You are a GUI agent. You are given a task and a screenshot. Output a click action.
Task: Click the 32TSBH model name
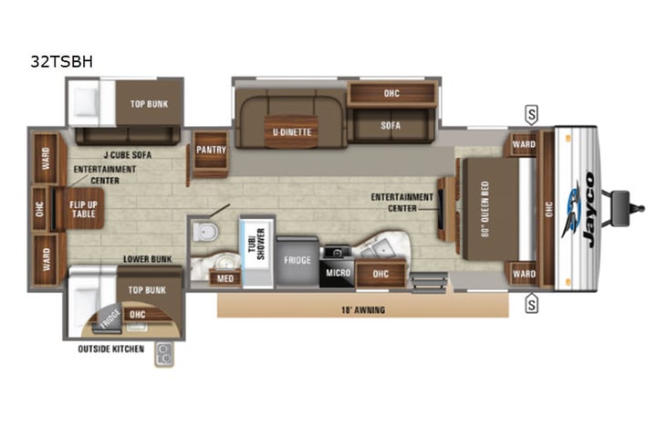coord(61,62)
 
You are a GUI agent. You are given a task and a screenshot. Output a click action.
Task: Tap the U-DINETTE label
coord(292,132)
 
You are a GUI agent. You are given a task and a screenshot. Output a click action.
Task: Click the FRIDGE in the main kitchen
coord(297,259)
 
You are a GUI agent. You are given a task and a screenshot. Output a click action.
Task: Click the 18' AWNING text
coord(363,310)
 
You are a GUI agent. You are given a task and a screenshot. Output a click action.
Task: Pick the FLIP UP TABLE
coord(83,209)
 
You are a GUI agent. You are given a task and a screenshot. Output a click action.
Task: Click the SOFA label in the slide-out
coord(391,126)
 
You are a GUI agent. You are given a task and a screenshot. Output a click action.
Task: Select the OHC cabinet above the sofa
coord(391,94)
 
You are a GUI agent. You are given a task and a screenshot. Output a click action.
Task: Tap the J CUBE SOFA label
coord(128,155)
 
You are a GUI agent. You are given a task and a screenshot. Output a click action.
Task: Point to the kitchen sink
coord(383,246)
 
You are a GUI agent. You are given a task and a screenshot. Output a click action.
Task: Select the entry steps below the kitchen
coord(427,281)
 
